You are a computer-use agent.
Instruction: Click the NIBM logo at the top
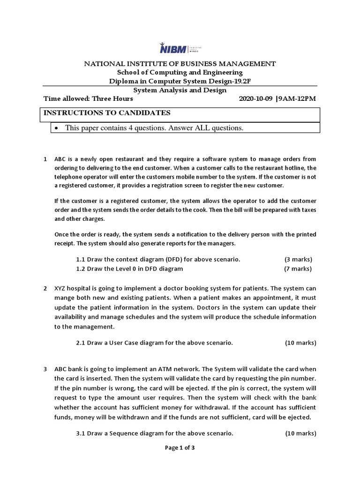[180, 50]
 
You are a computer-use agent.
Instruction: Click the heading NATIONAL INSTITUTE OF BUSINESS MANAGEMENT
[180, 64]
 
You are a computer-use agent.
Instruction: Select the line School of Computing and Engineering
[180, 72]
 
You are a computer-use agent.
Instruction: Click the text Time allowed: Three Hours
[88, 99]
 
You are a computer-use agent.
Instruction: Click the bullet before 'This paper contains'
[57, 128]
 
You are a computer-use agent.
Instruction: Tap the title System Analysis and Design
[180, 90]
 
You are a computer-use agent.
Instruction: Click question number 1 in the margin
[45, 159]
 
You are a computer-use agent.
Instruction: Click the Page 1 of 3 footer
[180, 448]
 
